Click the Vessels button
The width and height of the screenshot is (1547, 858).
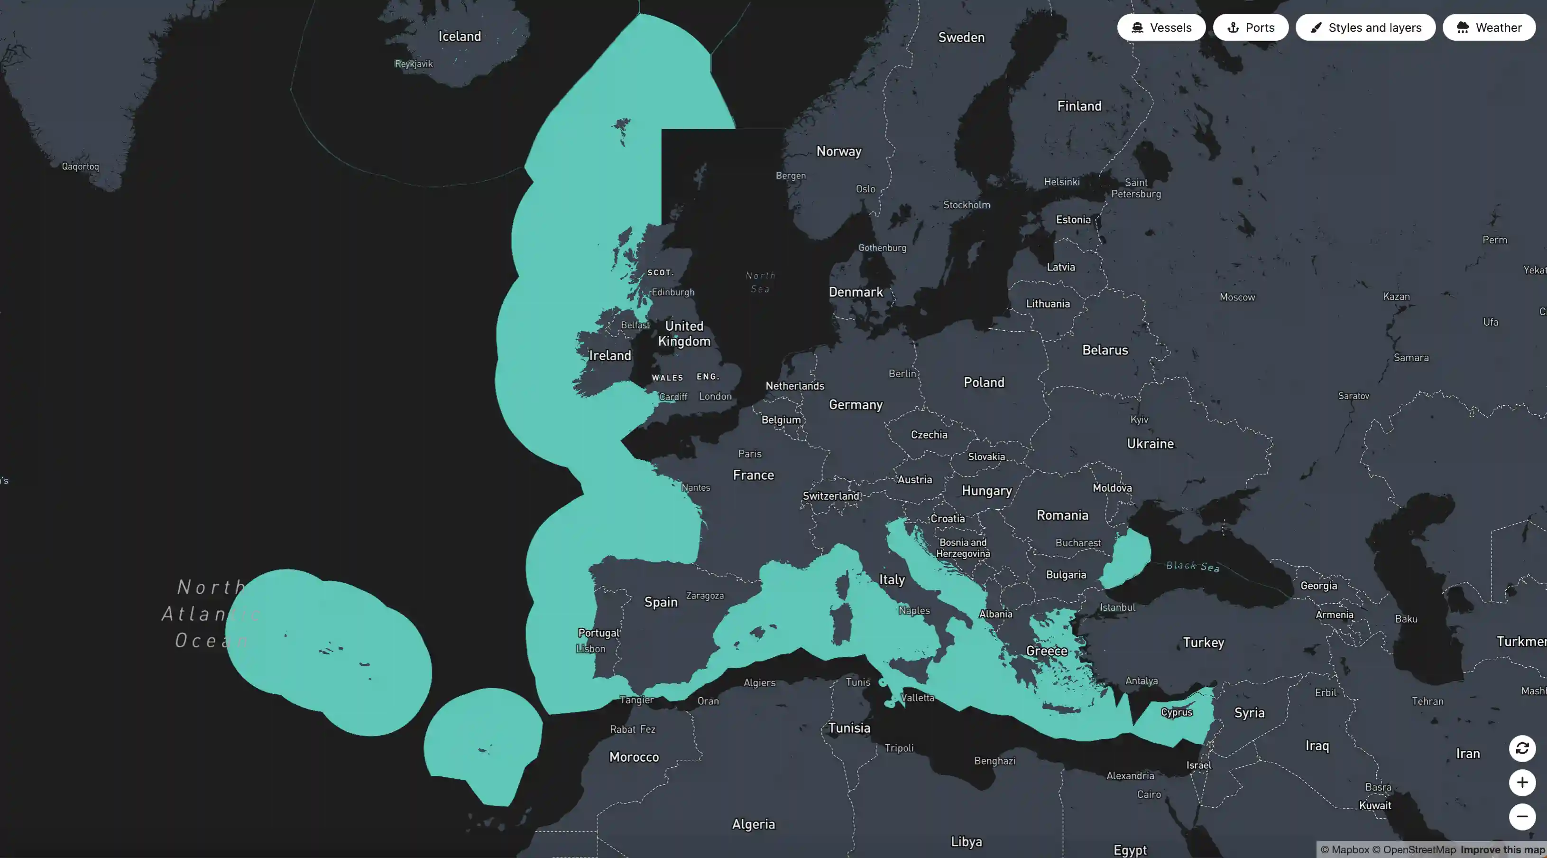pos(1161,28)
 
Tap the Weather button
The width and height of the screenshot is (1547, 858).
pos(1489,28)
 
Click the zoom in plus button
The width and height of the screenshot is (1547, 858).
pos(1522,782)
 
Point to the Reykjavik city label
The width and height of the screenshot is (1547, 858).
pos(413,64)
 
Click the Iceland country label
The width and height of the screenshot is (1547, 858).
pos(460,36)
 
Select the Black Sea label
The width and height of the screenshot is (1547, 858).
pos(1193,566)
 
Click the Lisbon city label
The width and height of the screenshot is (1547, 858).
pos(591,649)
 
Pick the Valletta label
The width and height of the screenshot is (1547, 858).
pos(918,698)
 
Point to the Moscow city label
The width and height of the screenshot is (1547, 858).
pos(1237,297)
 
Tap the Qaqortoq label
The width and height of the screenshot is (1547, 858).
pos(81,167)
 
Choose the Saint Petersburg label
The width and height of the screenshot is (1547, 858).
pos(1136,188)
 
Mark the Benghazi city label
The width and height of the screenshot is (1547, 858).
pos(994,761)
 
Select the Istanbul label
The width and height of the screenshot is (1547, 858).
pos(1117,607)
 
